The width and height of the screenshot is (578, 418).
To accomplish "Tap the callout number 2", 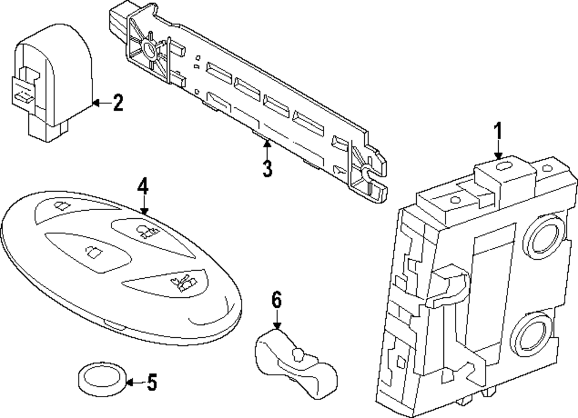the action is click(117, 103).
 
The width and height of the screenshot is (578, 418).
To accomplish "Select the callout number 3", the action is click(267, 169).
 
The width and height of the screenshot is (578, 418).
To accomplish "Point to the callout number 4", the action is click(143, 186).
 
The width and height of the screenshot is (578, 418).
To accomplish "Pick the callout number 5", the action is click(152, 382).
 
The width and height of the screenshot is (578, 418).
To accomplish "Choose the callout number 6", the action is click(276, 300).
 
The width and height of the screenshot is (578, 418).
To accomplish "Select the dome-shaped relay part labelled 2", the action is click(52, 83).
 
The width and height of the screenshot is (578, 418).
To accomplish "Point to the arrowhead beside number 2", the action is click(96, 103).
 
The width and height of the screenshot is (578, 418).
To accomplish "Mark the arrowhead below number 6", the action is click(277, 325).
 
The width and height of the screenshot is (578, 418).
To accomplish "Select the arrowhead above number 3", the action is click(267, 144).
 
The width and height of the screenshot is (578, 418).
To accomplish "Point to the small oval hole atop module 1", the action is click(502, 166).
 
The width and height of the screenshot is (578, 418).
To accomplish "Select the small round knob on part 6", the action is click(297, 354).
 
